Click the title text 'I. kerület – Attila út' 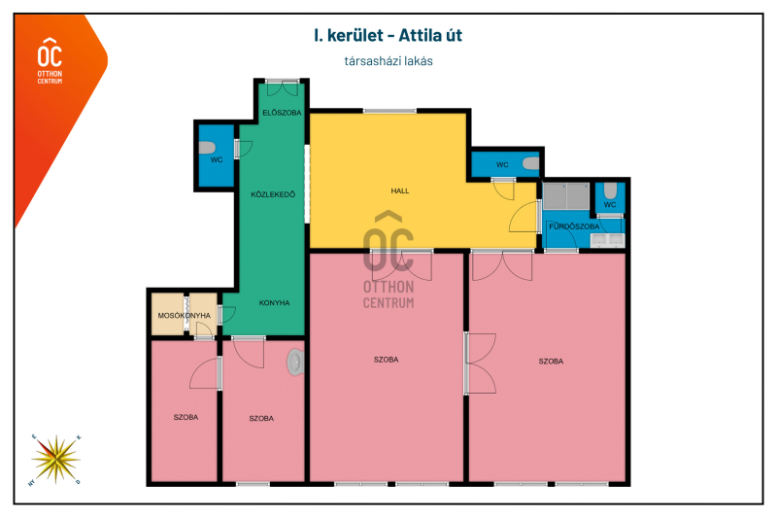(x=388, y=36)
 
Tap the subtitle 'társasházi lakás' (x=388, y=61)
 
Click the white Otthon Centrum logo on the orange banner (x=51, y=60)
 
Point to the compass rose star (x=55, y=460)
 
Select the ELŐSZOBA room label (x=282, y=113)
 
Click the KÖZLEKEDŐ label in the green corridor (x=273, y=194)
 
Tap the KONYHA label (x=274, y=302)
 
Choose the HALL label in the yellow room (x=400, y=190)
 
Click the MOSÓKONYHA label (x=184, y=315)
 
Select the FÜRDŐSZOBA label (x=574, y=226)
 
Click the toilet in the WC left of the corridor (x=207, y=148)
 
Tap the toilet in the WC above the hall (x=530, y=163)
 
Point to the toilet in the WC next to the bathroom (x=610, y=190)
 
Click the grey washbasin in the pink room (x=295, y=362)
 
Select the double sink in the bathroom (x=608, y=240)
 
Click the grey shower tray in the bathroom (x=566, y=195)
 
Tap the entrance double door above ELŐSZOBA (x=282, y=87)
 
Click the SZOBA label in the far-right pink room (x=551, y=362)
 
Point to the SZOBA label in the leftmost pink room (x=186, y=417)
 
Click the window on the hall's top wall (x=390, y=111)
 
